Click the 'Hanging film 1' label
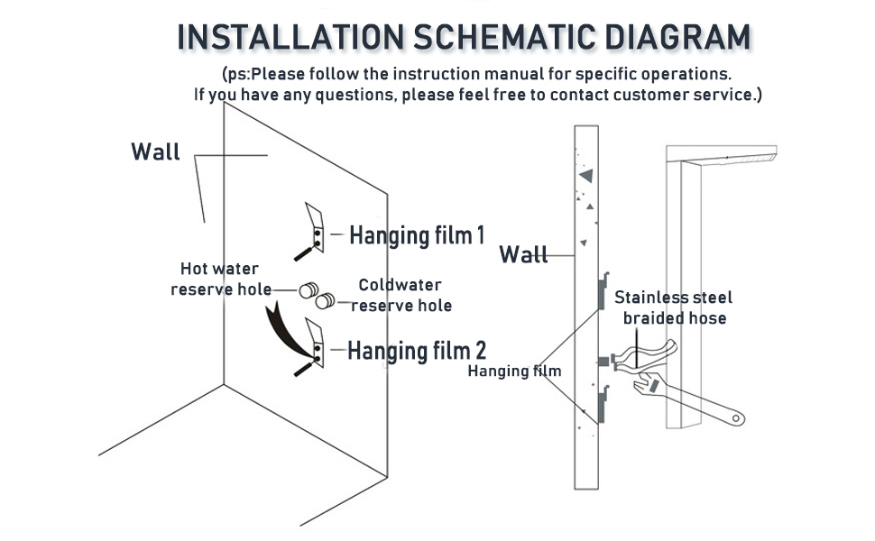click(417, 235)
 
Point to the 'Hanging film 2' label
click(417, 350)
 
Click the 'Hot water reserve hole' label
click(220, 279)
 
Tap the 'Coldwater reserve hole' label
click(401, 295)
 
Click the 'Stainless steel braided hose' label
click(674, 307)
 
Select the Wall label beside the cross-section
click(524, 255)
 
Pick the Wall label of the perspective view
click(156, 151)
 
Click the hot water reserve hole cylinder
click(309, 290)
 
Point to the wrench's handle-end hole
click(737, 418)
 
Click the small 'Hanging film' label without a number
click(514, 371)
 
